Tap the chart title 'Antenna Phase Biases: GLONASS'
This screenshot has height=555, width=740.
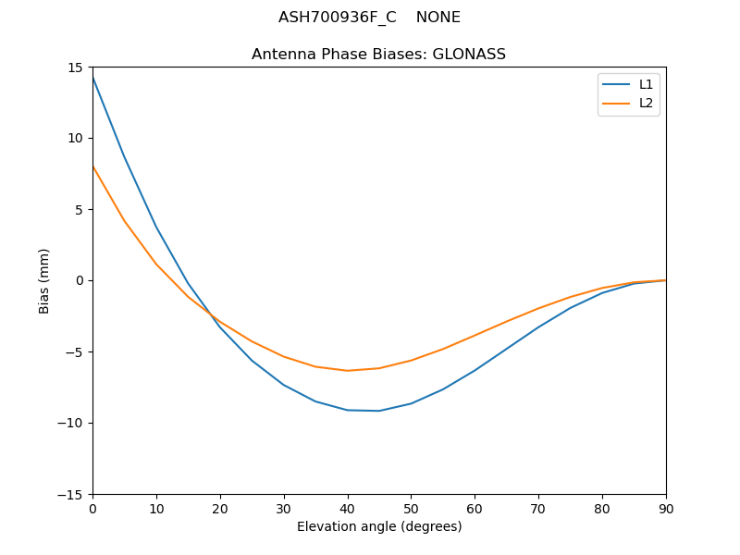coord(378,55)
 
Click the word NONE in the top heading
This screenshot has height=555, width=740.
coord(438,18)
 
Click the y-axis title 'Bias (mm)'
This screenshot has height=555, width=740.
coord(44,280)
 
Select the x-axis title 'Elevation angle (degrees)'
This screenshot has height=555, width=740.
coord(379,526)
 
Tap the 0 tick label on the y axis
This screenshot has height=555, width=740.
coord(81,280)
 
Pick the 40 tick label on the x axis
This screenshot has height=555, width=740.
coord(347,508)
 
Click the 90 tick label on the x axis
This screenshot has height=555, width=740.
coord(665,508)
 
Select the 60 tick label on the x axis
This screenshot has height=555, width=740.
coord(475,508)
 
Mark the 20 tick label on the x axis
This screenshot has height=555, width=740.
coord(220,508)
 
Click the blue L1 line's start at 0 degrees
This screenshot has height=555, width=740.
coord(92,78)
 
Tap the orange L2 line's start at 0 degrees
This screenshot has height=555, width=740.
coord(92,166)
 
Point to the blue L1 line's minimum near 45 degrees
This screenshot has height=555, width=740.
coord(379,411)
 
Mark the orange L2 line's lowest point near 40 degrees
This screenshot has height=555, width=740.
coord(347,371)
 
